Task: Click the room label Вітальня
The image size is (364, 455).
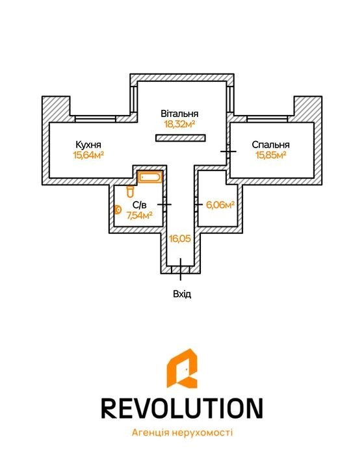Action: [x=179, y=114]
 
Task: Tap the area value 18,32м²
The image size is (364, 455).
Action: [x=179, y=124]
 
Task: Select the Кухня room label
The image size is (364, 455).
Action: [x=88, y=144]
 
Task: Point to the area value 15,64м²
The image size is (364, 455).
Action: [x=88, y=155]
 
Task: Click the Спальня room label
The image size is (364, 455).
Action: [x=270, y=144]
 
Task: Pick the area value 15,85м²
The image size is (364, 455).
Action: [x=271, y=155]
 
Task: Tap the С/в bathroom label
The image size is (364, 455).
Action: [x=140, y=205]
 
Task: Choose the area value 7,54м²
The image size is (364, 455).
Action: [x=140, y=216]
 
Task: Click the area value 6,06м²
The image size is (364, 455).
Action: [x=220, y=205]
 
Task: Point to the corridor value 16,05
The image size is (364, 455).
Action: [x=180, y=239]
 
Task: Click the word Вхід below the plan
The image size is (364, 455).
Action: [x=182, y=294]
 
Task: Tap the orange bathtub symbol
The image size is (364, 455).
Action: [x=149, y=177]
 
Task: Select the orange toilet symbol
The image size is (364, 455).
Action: [x=131, y=192]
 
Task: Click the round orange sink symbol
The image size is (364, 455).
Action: [x=118, y=209]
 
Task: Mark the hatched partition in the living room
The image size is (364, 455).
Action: [x=181, y=138]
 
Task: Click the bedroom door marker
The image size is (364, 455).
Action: [x=228, y=151]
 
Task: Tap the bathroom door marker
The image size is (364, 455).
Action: [x=164, y=204]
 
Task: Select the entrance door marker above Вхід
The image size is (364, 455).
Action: [x=181, y=269]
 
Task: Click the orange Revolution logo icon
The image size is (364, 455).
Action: [x=182, y=369]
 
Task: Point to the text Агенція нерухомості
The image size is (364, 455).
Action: [x=182, y=432]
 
